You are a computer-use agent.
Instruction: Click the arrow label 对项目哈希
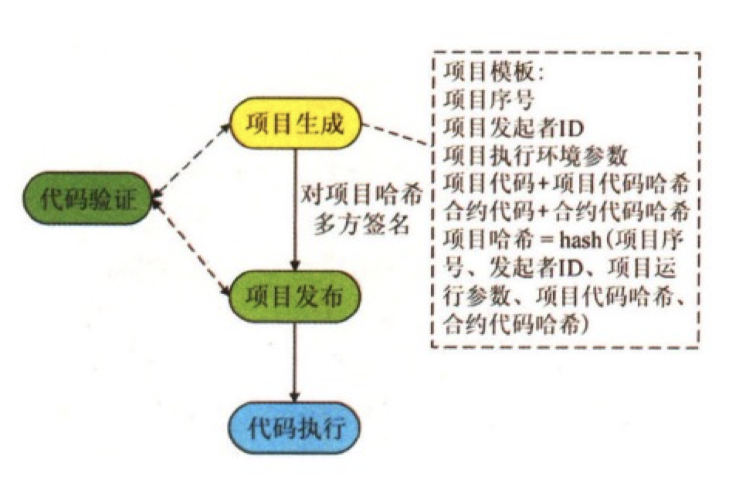pos(361,193)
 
